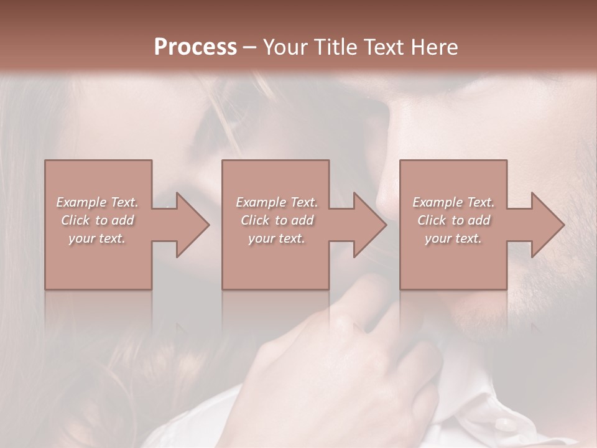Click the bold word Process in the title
point(195,47)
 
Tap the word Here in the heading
point(435,47)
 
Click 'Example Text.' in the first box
point(97,202)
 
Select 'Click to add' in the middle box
point(277,220)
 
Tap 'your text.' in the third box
point(453,238)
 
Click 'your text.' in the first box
point(97,238)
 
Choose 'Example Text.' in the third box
point(453,202)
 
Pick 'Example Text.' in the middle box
point(277,202)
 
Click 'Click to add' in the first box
point(97,220)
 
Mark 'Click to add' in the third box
point(453,220)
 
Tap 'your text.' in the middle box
point(277,238)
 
